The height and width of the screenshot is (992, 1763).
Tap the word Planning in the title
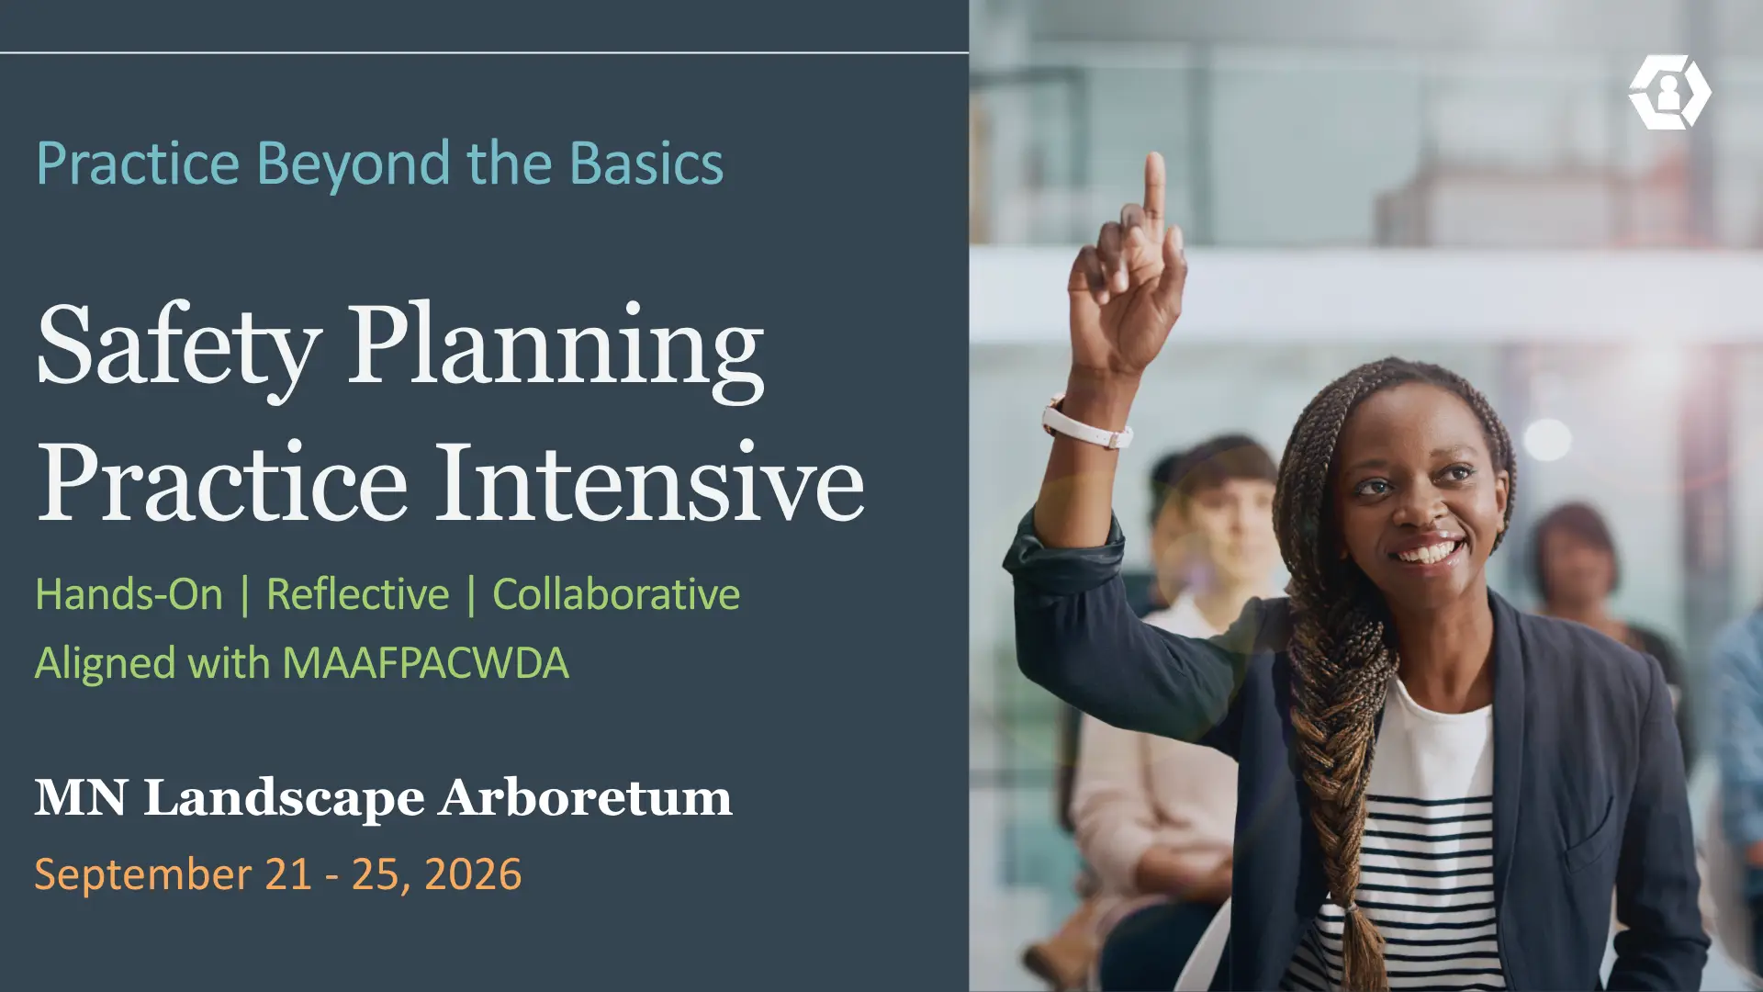point(556,349)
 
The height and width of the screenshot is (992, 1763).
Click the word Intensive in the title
point(649,482)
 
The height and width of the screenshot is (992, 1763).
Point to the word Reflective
point(357,594)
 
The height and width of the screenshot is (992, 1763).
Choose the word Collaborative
point(616,594)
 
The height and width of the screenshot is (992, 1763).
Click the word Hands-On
point(129,594)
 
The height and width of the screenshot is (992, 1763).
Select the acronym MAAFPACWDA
point(425,663)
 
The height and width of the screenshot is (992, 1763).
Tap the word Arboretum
point(585,797)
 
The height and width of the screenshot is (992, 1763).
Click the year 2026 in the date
point(473,874)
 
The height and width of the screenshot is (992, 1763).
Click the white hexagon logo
point(1669,92)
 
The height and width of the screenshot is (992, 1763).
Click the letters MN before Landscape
point(81,797)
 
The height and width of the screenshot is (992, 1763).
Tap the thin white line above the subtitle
point(484,53)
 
